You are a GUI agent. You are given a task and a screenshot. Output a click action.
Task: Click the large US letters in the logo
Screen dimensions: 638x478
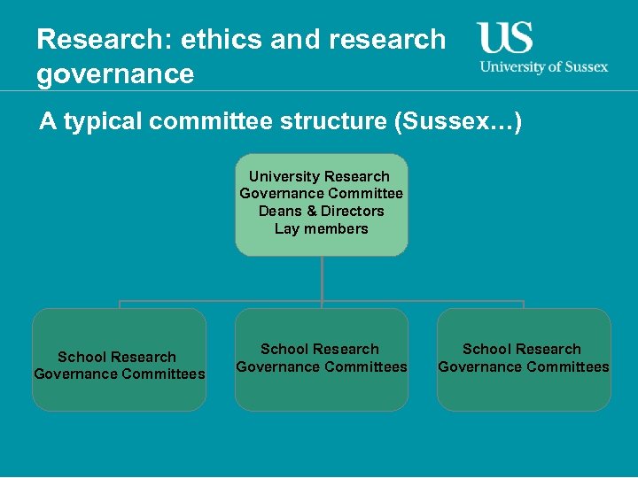click(x=505, y=38)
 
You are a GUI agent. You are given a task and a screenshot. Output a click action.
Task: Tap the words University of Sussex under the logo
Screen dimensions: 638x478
click(x=543, y=67)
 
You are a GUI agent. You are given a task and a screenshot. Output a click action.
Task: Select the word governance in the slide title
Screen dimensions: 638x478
click(x=115, y=73)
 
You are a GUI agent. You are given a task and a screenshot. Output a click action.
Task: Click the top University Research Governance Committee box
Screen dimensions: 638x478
click(x=321, y=204)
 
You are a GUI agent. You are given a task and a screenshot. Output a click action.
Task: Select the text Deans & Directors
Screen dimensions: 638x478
click(x=321, y=211)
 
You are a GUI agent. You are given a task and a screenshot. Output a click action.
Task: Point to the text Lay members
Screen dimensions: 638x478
click(x=321, y=228)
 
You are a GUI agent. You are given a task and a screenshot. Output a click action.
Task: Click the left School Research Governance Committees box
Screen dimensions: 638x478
click(x=119, y=359)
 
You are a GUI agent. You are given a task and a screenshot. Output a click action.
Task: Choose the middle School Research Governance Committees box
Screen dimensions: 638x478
click(x=321, y=359)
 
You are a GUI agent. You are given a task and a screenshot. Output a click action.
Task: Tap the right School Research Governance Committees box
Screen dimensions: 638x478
click(x=523, y=359)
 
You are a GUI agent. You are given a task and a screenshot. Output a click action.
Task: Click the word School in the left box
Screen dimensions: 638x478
click(x=80, y=357)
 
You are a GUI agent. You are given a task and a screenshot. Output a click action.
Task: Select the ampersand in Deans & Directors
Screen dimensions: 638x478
click(x=311, y=211)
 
